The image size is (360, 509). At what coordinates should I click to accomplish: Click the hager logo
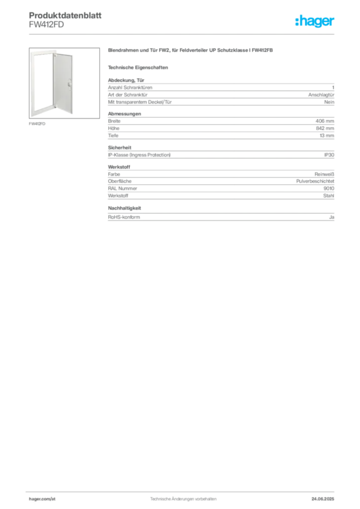coord(315,21)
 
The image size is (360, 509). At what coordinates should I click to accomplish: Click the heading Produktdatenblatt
coord(65,15)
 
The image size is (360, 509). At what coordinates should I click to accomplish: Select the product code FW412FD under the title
coord(46,25)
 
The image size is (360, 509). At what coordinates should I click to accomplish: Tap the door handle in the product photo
coord(70,84)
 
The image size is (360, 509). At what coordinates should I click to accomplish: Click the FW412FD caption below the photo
coord(37,124)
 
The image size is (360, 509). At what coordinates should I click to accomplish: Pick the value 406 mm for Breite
coord(325,121)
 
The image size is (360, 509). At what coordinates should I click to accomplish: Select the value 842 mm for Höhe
coord(325,128)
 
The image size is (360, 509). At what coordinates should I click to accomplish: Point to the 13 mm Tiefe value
coord(327,136)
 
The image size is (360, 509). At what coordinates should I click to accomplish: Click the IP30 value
coord(329,155)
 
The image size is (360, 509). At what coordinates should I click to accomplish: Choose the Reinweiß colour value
coord(324,174)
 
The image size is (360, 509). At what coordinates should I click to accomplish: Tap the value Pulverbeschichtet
coord(315,181)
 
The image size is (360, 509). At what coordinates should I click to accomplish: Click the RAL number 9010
coord(329,188)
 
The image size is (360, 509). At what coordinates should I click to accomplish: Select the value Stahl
coord(329,196)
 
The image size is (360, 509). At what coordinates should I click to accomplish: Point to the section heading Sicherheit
coord(119,148)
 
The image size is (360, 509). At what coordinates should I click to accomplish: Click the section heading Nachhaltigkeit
coord(124,208)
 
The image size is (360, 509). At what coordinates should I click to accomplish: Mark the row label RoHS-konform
coord(124,217)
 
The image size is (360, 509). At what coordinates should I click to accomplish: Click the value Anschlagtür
coord(321,95)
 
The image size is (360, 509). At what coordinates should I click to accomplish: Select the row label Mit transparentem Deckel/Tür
coord(140,102)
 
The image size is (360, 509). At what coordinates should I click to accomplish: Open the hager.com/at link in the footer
coord(42,499)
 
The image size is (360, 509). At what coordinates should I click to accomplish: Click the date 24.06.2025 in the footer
coord(323,499)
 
